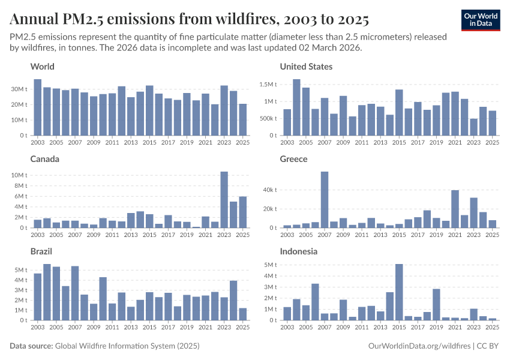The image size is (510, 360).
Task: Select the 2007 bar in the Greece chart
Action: (325, 200)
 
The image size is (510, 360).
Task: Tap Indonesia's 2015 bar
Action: (399, 292)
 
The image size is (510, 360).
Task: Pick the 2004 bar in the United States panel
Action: (296, 107)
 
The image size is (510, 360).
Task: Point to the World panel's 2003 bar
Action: (38, 107)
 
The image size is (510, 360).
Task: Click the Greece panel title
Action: (293, 159)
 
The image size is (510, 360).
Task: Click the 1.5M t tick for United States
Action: (267, 85)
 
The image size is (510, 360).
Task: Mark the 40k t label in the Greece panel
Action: (269, 190)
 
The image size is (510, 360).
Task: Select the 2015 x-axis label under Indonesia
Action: (399, 327)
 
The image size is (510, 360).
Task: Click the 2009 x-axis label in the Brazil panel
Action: (94, 327)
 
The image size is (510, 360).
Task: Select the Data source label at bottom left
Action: (31, 346)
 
